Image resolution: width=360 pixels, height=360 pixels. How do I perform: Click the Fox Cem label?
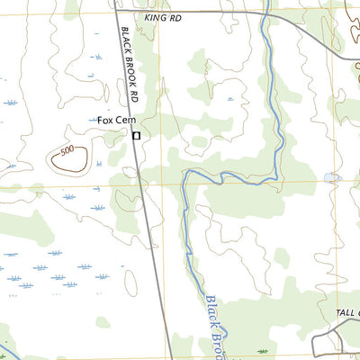(x=115, y=120)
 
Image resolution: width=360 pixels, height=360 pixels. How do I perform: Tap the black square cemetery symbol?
(x=136, y=136)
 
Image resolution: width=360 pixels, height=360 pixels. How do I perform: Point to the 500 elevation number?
(x=67, y=152)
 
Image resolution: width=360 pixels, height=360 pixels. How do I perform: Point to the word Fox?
(x=106, y=120)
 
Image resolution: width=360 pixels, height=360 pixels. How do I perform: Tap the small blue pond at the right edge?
(x=332, y=178)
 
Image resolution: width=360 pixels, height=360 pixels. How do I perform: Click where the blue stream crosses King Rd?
(x=267, y=12)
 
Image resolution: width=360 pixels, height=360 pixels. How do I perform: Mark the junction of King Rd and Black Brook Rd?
(x=117, y=10)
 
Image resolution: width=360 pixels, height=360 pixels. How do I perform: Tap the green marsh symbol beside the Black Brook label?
(x=262, y=351)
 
